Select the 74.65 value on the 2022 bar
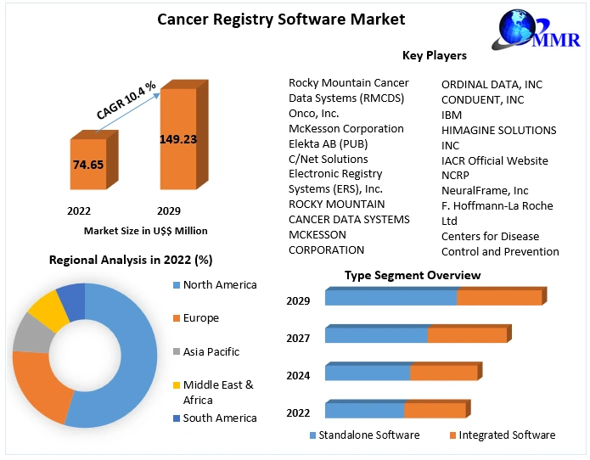[x=88, y=165]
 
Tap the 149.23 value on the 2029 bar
[x=177, y=139]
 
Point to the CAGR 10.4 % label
[x=126, y=100]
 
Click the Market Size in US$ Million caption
[x=145, y=231]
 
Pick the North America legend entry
[x=219, y=285]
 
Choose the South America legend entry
[x=219, y=418]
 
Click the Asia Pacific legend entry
[x=211, y=351]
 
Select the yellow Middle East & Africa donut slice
[x=48, y=310]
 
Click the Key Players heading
[x=434, y=56]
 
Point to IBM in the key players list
[x=452, y=115]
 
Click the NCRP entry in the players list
[x=457, y=176]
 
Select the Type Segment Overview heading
[x=413, y=275]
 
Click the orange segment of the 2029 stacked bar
[x=499, y=298]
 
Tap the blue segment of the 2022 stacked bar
[x=364, y=411]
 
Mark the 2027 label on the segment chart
[x=298, y=338]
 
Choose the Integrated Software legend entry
[x=507, y=435]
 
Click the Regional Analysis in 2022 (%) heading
[x=131, y=260]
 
